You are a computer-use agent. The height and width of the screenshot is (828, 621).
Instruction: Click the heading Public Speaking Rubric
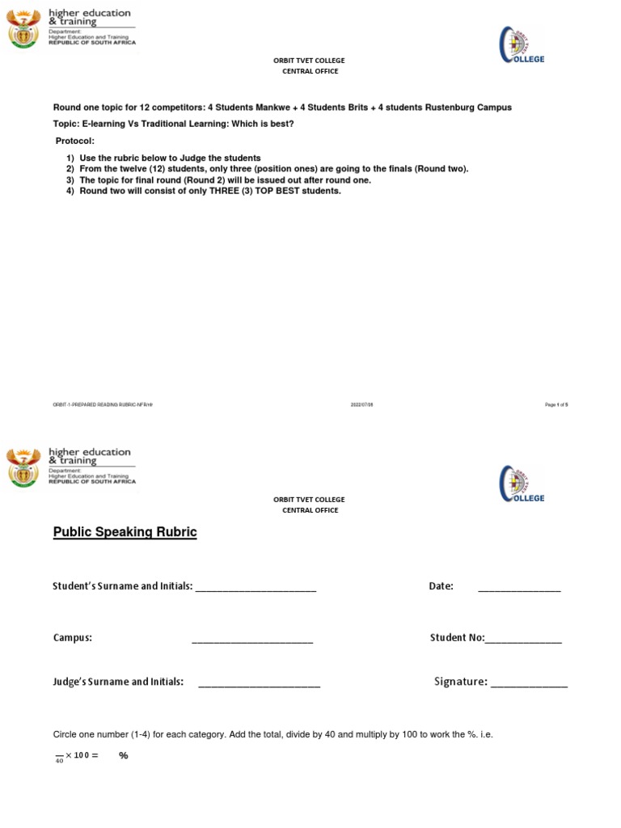click(x=125, y=532)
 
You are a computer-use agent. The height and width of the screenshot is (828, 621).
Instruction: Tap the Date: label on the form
click(x=441, y=586)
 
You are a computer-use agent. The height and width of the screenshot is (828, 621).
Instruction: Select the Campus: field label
click(x=73, y=638)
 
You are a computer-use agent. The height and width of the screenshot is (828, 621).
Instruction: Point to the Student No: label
click(x=457, y=638)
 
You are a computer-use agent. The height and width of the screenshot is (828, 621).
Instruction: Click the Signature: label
click(x=461, y=682)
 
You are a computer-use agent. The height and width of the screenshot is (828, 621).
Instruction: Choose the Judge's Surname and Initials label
click(x=118, y=682)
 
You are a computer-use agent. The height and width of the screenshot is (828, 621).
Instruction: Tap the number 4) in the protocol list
click(x=70, y=192)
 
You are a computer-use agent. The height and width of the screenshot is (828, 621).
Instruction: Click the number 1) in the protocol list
click(x=70, y=157)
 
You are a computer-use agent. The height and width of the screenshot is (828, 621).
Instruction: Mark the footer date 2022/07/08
click(x=361, y=405)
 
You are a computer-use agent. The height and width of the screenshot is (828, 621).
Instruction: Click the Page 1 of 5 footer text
click(x=556, y=405)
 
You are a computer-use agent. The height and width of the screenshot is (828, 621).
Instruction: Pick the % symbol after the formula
click(x=124, y=756)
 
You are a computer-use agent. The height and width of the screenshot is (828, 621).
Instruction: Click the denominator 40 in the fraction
click(x=59, y=762)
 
